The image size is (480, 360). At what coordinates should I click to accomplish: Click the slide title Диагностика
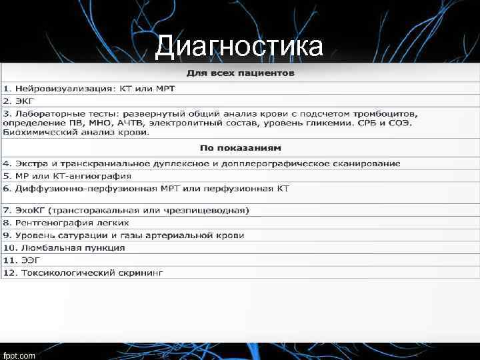[239, 47]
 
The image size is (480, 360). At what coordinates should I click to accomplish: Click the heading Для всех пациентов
[240, 73]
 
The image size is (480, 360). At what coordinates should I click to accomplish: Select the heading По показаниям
[240, 147]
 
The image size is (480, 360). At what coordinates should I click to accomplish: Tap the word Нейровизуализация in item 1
[61, 88]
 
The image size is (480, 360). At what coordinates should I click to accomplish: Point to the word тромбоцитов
[385, 113]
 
